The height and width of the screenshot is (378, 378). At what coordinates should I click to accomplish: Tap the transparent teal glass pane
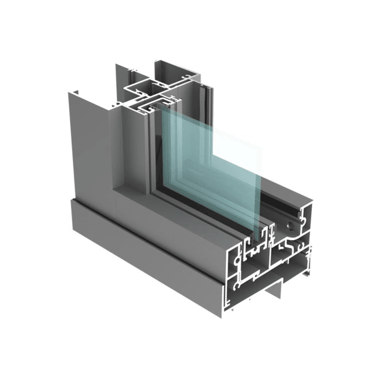tap(213, 165)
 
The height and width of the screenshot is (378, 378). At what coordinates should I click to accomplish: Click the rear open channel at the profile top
tap(175, 69)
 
